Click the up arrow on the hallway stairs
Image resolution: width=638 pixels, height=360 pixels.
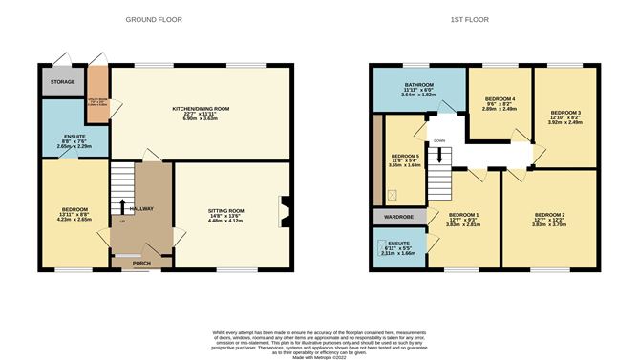pos(122,204)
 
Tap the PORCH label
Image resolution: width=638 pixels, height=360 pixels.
pos(141,264)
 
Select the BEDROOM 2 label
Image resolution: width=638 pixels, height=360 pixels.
pos(549,214)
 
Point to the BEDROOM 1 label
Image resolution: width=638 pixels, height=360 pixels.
pos(463,214)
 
